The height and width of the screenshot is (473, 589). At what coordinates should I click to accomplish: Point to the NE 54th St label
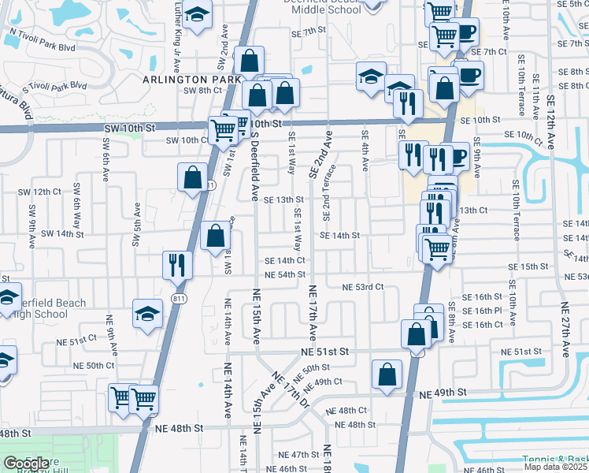[x=285, y=275]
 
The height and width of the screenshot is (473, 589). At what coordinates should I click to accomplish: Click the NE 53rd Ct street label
[x=362, y=288]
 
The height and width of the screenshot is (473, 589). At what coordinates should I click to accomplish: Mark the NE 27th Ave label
[x=565, y=330]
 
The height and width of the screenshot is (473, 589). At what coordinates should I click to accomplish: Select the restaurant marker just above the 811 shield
[x=177, y=264]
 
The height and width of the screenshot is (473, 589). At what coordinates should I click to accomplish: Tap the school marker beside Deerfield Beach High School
[x=147, y=314]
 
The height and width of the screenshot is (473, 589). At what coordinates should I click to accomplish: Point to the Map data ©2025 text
[x=556, y=467]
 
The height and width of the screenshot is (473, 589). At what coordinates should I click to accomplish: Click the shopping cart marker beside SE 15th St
[x=437, y=248]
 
